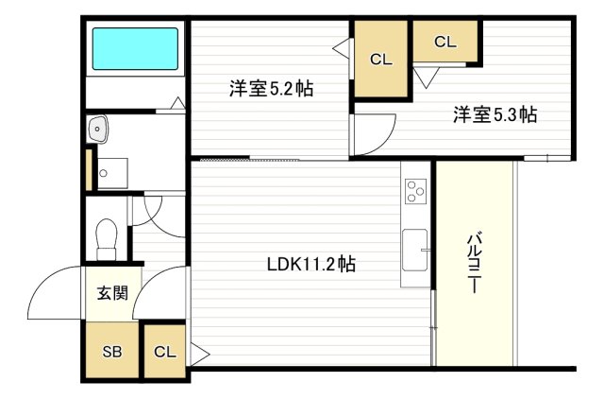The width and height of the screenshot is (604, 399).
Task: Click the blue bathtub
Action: tap(133, 48)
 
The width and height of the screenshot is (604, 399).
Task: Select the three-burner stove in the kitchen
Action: tap(415, 192)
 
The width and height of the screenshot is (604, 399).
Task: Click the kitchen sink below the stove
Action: tap(414, 249)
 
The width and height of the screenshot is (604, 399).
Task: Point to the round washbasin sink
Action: tap(95, 130)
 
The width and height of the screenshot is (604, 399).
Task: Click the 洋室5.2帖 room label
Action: tap(271, 90)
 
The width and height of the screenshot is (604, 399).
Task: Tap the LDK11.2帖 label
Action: tap(310, 265)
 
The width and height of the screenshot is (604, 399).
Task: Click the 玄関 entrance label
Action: tap(111, 293)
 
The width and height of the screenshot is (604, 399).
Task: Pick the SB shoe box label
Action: tap(111, 352)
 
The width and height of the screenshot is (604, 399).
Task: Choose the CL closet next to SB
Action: tap(164, 352)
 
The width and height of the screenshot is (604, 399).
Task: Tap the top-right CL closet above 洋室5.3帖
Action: tap(445, 42)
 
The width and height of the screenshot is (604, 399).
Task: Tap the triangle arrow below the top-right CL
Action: tap(424, 78)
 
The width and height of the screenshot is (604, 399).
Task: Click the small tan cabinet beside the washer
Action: tap(89, 169)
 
